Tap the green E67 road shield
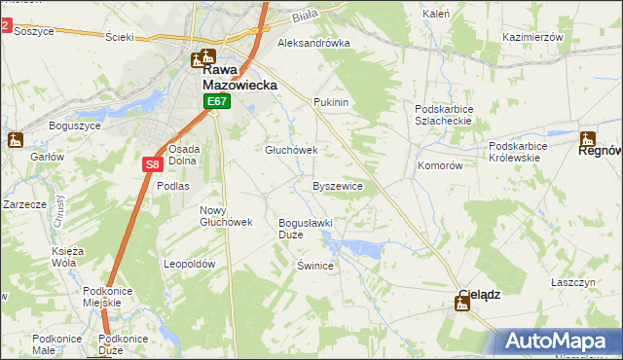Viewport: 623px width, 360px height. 217,101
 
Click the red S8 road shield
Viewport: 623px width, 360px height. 153,165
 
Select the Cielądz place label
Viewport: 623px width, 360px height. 480,294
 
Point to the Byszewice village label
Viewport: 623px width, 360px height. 338,185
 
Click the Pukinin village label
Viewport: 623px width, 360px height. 331,102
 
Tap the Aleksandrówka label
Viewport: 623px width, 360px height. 313,44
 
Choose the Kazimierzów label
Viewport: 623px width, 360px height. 533,36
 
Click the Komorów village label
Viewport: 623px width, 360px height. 439,165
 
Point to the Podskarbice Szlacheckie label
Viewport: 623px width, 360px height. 443,115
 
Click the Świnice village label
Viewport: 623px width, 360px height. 316,266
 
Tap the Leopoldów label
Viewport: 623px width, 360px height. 189,264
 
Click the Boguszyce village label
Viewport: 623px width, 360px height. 74,126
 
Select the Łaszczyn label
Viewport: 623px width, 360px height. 572,281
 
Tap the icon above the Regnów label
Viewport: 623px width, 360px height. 589,137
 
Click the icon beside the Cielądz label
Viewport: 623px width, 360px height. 462,305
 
